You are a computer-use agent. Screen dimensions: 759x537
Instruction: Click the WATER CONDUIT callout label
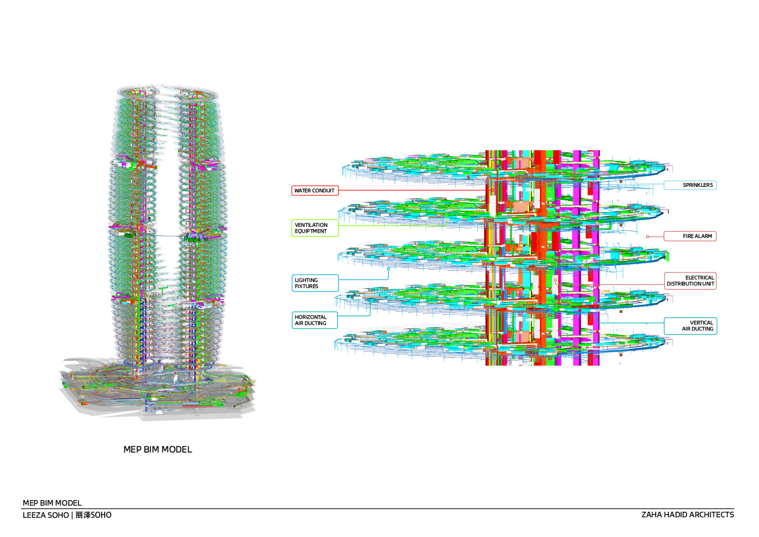pos(315,190)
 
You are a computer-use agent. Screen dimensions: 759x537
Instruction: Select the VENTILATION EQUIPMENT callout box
pos(315,228)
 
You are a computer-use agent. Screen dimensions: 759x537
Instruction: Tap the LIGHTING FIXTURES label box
pos(315,283)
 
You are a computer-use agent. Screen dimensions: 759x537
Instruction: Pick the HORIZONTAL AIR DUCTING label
pos(315,320)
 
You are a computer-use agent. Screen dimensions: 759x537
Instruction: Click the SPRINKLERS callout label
pos(690,185)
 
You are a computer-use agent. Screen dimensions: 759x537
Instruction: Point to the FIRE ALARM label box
pos(690,236)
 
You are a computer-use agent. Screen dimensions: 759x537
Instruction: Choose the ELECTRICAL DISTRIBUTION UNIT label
pos(690,281)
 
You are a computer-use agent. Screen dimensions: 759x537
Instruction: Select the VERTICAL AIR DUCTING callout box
pos(690,326)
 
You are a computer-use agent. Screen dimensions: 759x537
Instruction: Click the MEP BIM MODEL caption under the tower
pos(157,449)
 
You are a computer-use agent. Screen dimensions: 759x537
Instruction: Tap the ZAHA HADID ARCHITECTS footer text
pos(688,515)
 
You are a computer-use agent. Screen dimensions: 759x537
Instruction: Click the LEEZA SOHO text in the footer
pos(46,515)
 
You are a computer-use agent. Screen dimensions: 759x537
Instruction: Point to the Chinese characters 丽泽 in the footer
pos(83,515)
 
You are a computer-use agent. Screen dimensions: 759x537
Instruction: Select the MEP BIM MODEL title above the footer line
pos(52,503)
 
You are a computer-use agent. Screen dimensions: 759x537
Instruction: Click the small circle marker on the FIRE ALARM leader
pos(648,237)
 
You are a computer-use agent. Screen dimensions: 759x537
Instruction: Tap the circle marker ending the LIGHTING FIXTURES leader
pos(388,269)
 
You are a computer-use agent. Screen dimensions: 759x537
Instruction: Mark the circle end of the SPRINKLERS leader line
pos(637,184)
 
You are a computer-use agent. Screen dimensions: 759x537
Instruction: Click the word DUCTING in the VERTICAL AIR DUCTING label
pos(702,329)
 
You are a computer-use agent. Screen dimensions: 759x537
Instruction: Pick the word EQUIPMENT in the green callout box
pos(311,231)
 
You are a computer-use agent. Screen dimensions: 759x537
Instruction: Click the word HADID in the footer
pos(675,515)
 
